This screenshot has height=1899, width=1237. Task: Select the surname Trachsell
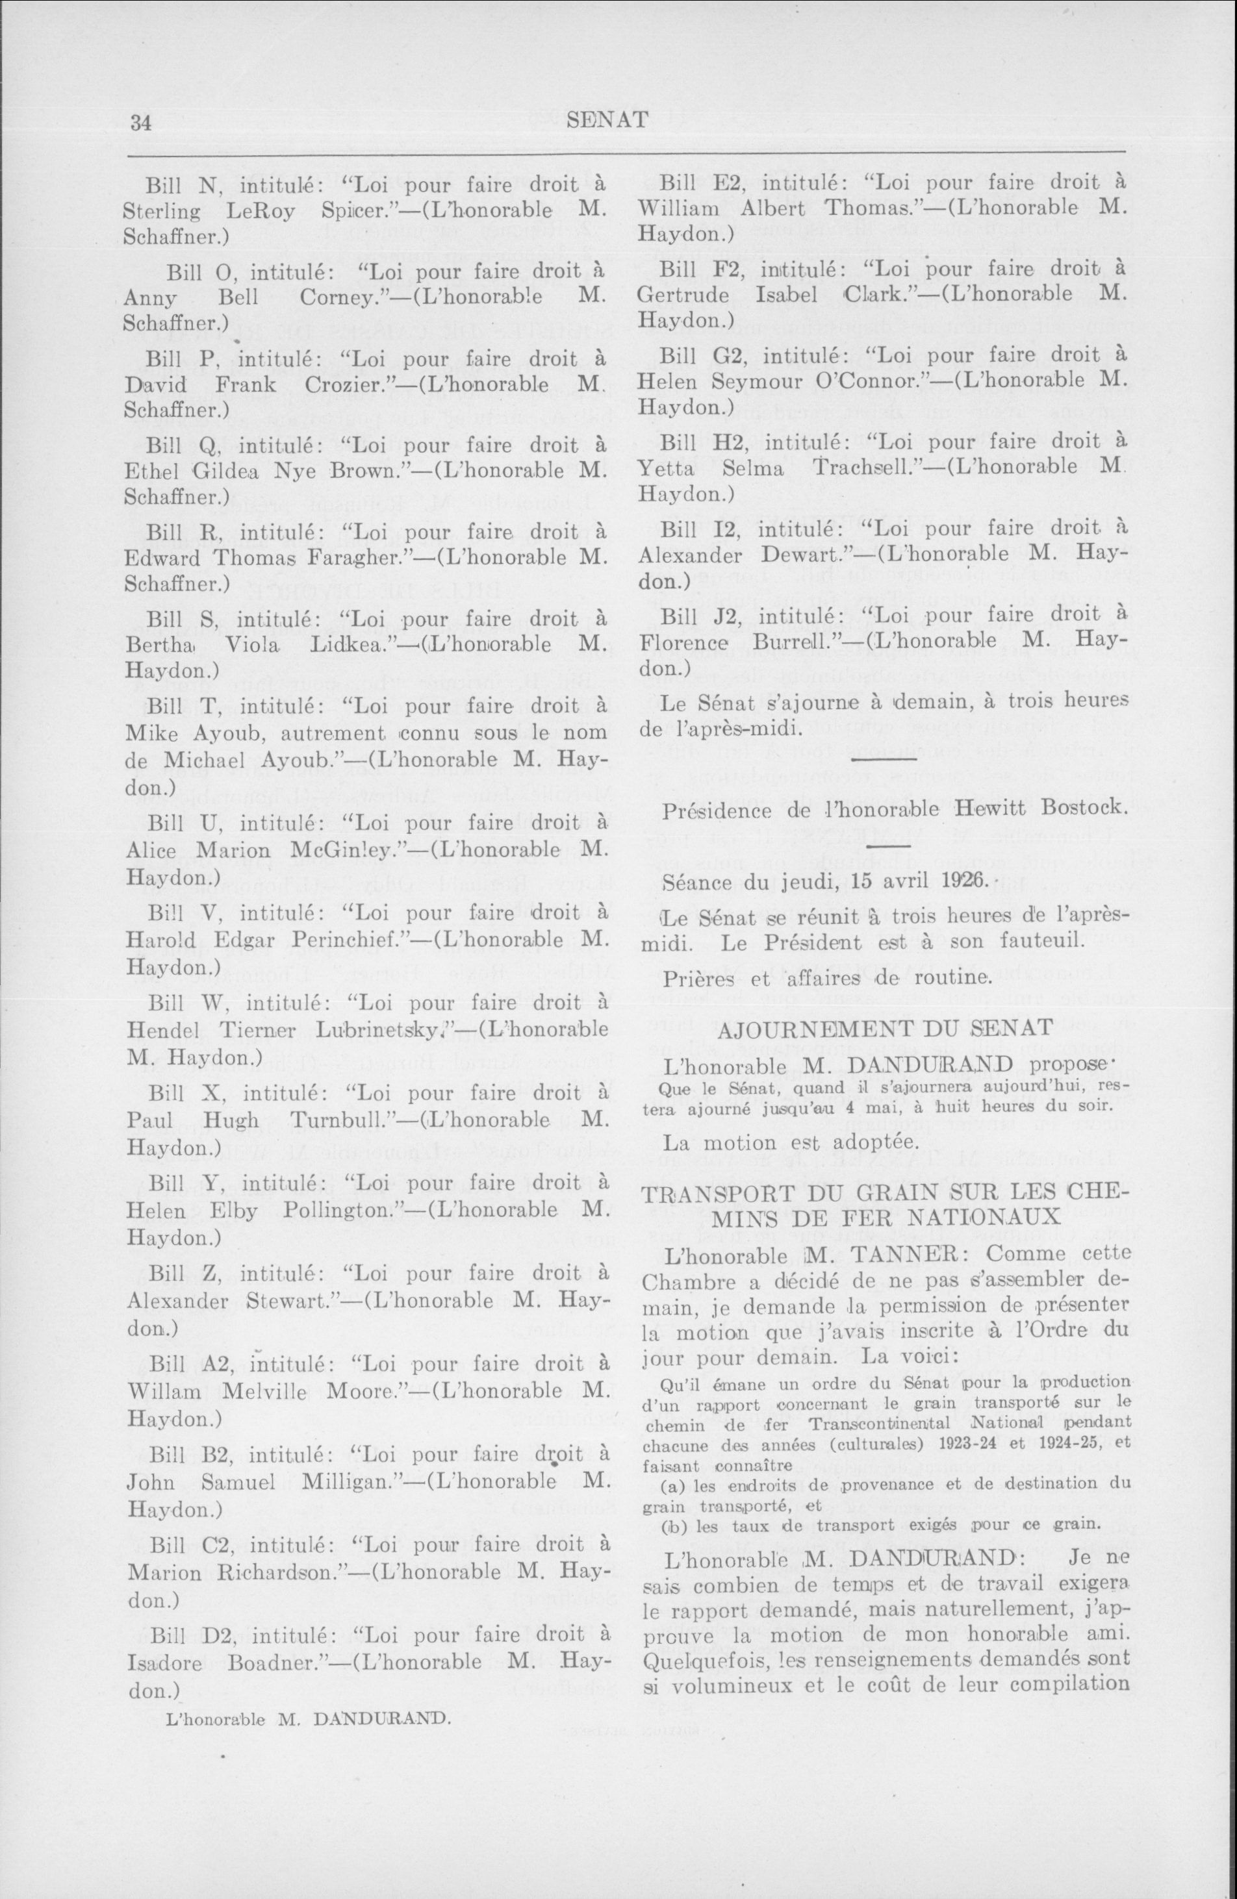(x=867, y=468)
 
